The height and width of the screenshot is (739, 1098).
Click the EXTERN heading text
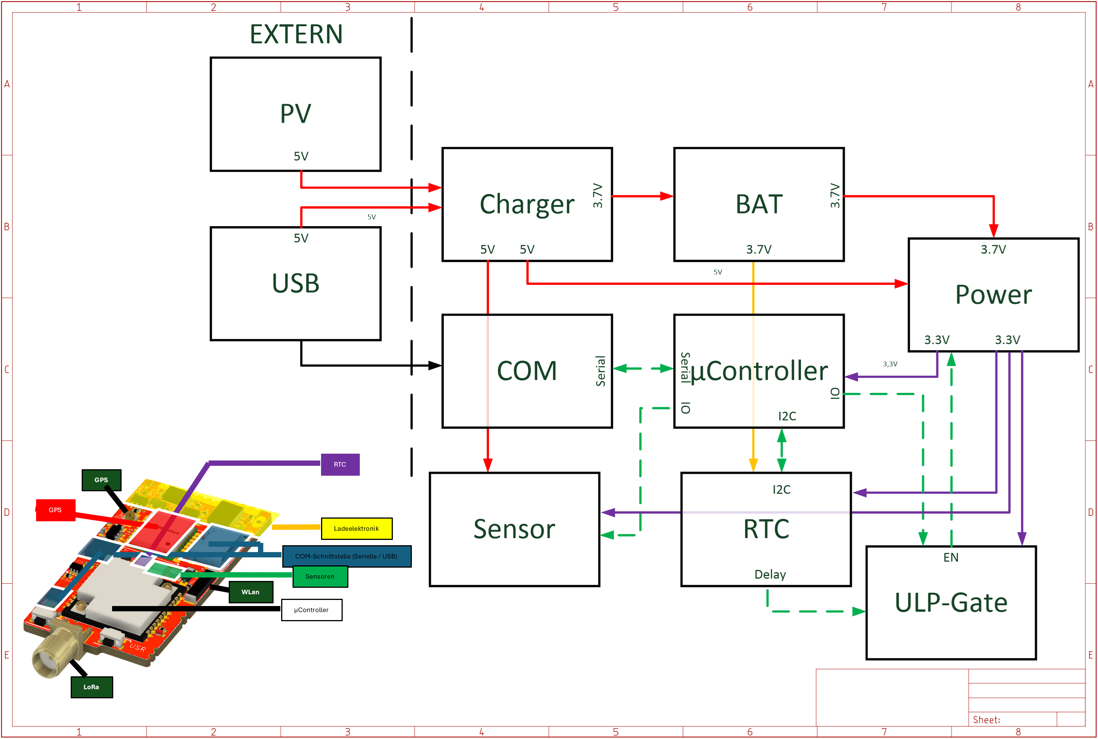point(296,35)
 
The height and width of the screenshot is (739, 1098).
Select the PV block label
point(296,114)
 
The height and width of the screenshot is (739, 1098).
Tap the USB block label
point(296,283)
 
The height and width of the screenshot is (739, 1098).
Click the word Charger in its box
point(527,204)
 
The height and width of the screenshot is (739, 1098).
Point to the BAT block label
point(759,204)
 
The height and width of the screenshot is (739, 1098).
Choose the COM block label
point(527,371)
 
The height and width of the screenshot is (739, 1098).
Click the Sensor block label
point(514,529)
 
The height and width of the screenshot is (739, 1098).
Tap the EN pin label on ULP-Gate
point(951,557)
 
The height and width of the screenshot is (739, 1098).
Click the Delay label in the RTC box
point(770,574)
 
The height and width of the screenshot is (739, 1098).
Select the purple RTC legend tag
point(340,465)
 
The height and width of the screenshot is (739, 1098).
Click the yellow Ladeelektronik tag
point(356,529)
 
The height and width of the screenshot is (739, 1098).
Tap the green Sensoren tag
point(320,576)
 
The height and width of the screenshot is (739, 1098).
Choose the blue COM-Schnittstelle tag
point(346,557)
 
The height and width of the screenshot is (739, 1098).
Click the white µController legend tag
point(312,610)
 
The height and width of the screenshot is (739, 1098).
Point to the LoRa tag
point(92,687)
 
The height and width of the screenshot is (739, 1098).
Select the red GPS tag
point(55,510)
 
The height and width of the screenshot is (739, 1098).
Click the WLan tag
point(251,592)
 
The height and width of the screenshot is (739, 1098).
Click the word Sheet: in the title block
point(986,720)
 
